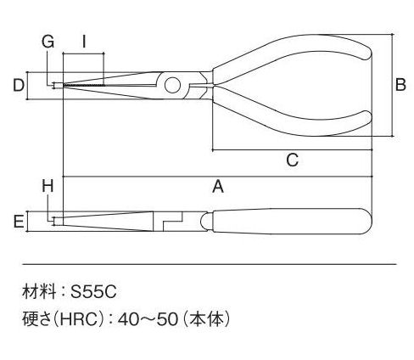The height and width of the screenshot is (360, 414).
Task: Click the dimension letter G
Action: pos(48,42)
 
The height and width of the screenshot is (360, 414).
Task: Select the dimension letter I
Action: pos(84,42)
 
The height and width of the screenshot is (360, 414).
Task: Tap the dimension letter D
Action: pos(19,85)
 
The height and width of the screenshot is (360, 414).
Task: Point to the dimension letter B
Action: pos(400,84)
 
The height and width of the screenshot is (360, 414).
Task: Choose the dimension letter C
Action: pos(292,160)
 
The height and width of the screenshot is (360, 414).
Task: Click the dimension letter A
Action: pos(218,187)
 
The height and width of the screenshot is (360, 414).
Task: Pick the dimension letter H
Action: pos(48,187)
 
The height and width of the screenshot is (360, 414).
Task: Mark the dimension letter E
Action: pos(19,222)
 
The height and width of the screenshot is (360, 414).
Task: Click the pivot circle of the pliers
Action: pos(172,86)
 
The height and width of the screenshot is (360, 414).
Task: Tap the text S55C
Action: pos(93,292)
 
